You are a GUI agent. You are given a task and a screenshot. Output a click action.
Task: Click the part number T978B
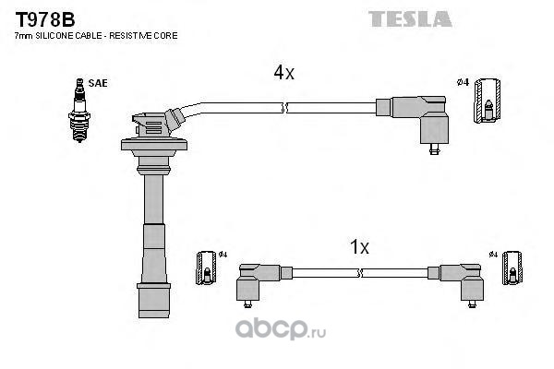[42, 17]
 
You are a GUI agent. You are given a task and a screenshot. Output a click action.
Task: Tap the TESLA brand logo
[410, 18]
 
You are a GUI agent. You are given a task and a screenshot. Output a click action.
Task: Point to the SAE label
[99, 83]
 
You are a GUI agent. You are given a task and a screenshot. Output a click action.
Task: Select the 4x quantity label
[283, 72]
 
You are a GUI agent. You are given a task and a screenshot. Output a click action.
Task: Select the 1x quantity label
[359, 246]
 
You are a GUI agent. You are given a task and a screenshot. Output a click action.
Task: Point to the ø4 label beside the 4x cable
[464, 83]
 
